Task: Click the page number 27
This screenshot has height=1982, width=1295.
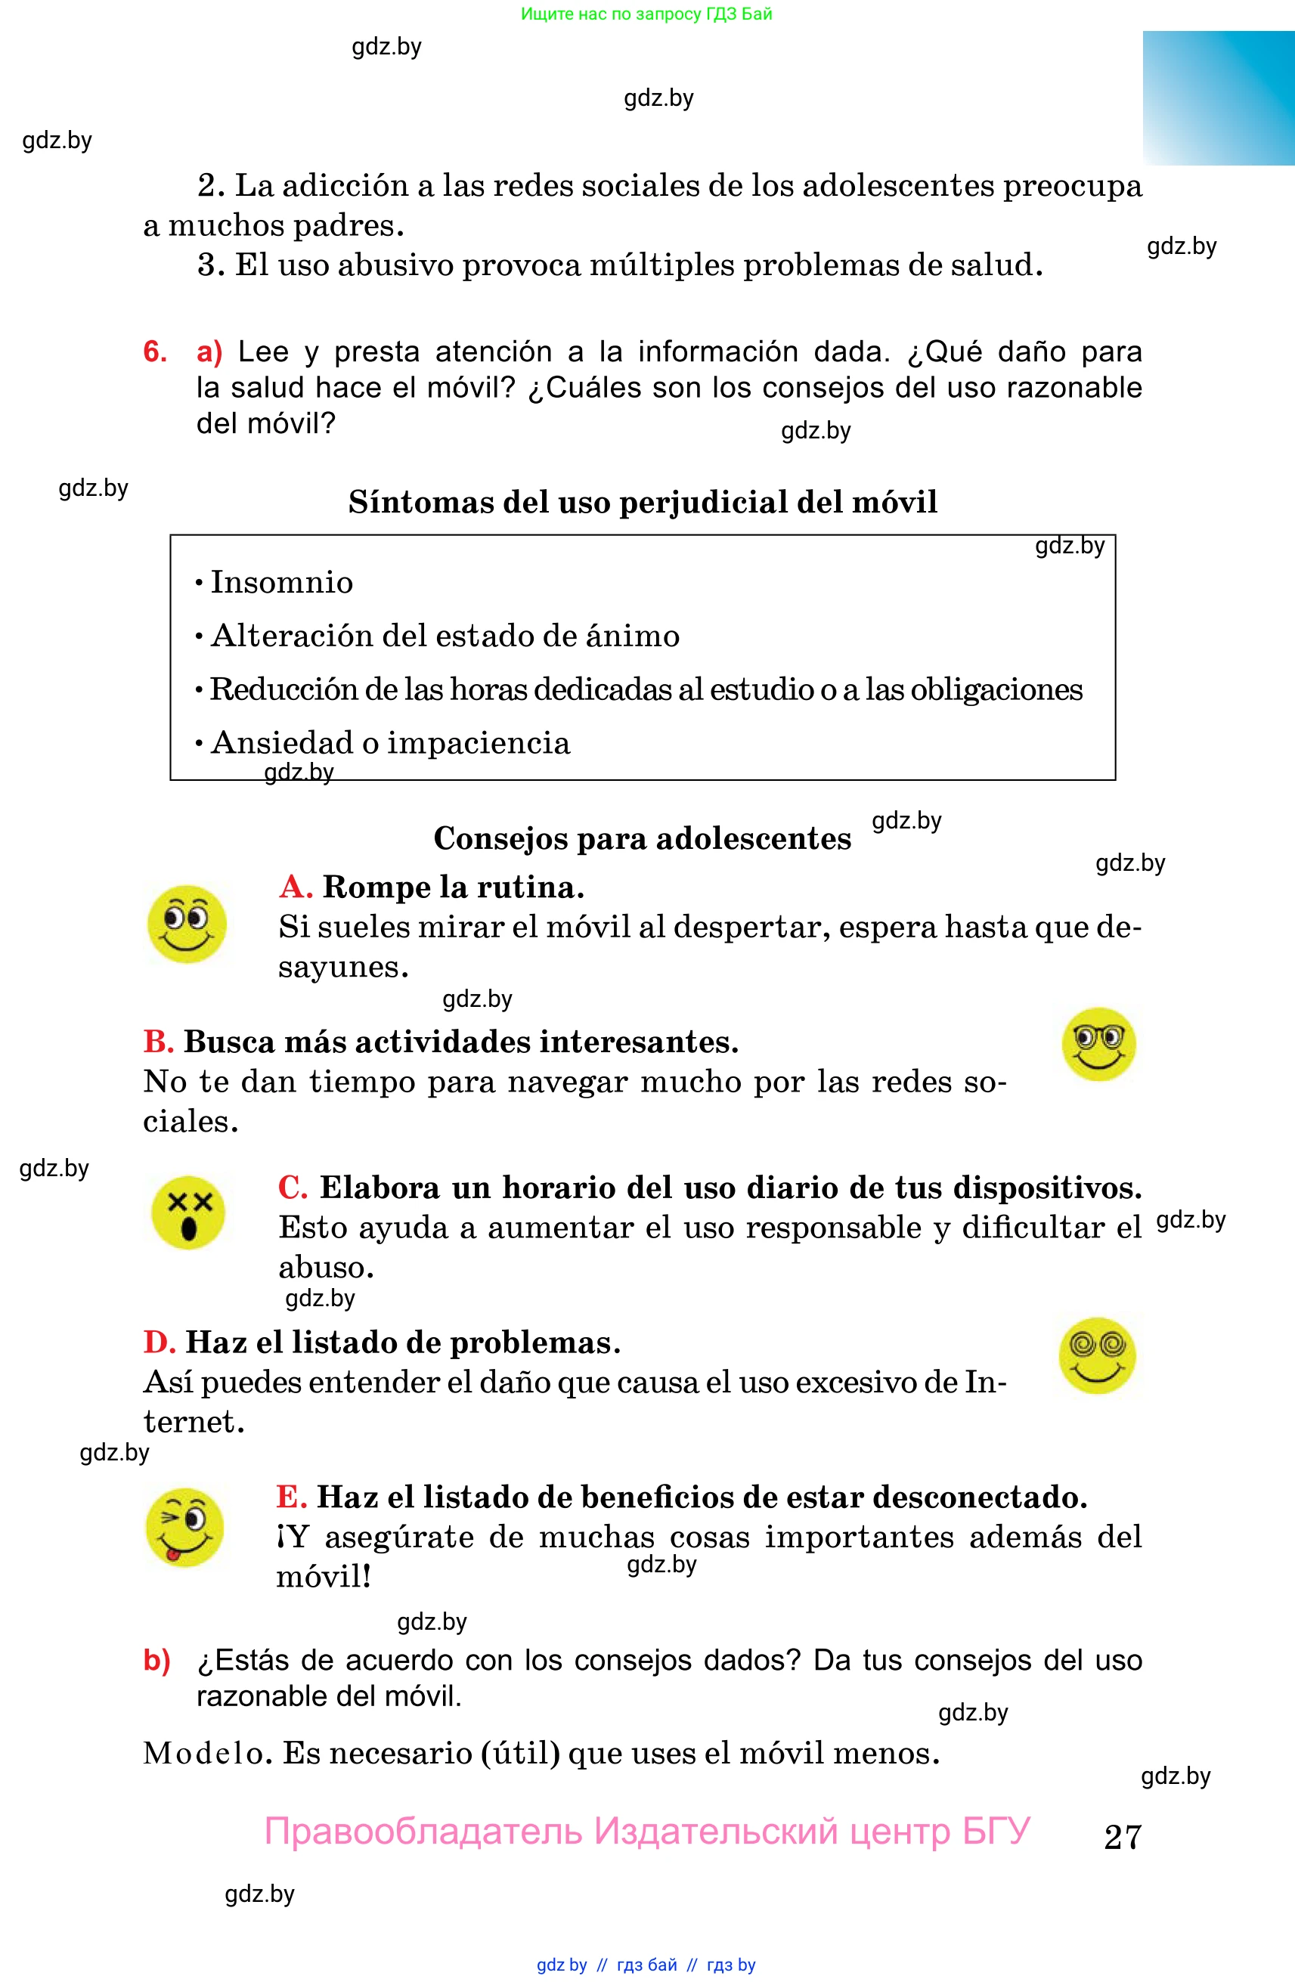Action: [x=1122, y=1836]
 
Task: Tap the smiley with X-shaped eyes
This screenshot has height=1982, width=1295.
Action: [x=188, y=1212]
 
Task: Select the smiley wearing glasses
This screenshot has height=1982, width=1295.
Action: [x=1098, y=1045]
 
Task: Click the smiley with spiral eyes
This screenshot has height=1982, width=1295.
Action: [x=1097, y=1355]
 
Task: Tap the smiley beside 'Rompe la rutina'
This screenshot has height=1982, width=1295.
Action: [x=187, y=924]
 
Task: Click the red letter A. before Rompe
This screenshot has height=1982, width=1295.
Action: [x=296, y=887]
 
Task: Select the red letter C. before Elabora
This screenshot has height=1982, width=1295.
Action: [x=293, y=1187]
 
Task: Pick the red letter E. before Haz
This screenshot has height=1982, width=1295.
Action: [x=292, y=1497]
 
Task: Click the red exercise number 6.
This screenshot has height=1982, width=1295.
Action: [x=155, y=351]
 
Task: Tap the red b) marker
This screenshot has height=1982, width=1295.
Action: [x=156, y=1660]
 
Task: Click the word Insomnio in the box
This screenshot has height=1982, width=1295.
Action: [x=281, y=582]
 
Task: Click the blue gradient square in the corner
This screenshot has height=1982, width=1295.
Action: [x=1218, y=98]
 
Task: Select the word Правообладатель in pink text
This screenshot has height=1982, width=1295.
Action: [x=423, y=1832]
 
